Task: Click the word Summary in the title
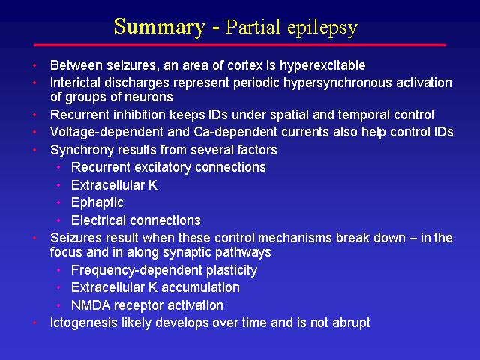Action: click(160, 27)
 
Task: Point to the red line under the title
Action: click(240, 45)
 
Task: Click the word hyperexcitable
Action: click(322, 66)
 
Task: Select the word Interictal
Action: click(75, 82)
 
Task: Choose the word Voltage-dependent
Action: click(106, 133)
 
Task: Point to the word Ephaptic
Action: click(97, 203)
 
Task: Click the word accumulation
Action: click(200, 287)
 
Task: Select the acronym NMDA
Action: click(91, 305)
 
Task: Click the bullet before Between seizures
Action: click(34, 65)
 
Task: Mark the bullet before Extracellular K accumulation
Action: click(58, 287)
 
